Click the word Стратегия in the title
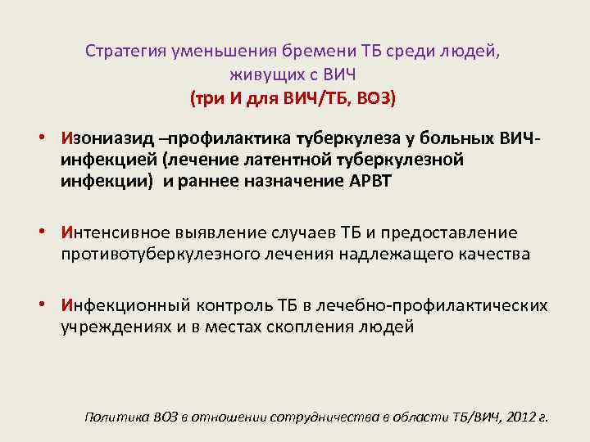(125, 51)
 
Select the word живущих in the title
(261, 75)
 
